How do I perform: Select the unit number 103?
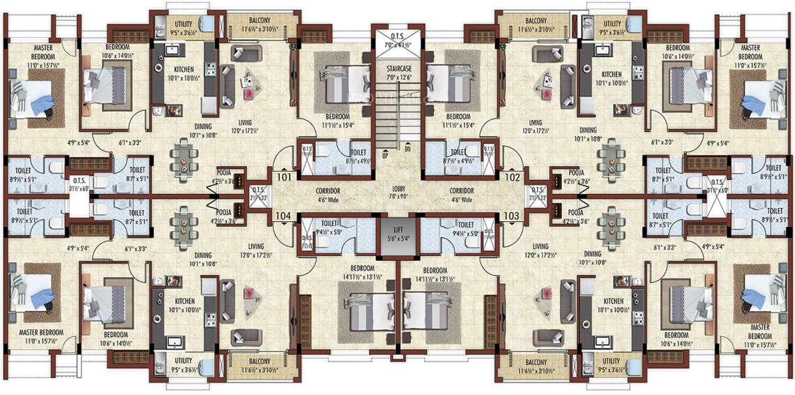(x=511, y=216)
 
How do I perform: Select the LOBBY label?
(x=397, y=190)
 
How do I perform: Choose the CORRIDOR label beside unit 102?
(x=461, y=191)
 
